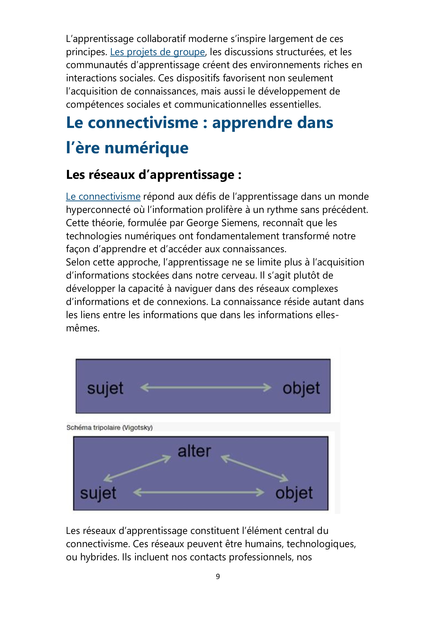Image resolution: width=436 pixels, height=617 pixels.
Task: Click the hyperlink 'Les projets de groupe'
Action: [157, 52]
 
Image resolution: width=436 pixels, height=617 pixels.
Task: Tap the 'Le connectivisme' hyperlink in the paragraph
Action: [103, 197]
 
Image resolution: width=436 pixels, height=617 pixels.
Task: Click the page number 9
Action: [218, 576]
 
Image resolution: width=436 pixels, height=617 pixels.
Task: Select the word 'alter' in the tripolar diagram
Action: [194, 451]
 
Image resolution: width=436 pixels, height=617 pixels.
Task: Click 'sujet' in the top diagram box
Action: [105, 388]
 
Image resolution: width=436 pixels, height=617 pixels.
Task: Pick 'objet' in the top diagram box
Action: [301, 388]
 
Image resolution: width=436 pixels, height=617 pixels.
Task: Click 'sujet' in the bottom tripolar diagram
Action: [98, 493]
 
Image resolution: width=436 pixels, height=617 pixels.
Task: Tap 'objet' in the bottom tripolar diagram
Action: [294, 493]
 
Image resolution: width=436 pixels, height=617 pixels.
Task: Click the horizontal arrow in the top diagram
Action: [206, 388]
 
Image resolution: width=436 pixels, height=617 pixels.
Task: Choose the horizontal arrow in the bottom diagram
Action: [199, 492]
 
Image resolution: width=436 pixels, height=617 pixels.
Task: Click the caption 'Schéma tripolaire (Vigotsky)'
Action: [110, 428]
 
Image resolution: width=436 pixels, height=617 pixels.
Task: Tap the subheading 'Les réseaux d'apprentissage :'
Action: [154, 175]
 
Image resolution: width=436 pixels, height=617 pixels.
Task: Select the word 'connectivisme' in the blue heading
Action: [143, 123]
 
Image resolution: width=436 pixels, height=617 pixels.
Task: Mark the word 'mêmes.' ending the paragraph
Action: [83, 328]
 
